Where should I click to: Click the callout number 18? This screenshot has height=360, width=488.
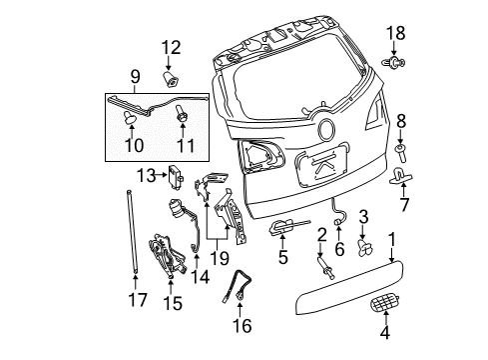(x=393, y=34)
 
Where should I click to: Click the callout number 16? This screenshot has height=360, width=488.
(x=243, y=325)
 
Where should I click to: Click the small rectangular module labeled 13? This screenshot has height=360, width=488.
(x=180, y=176)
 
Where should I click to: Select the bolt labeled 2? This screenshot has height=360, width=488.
(x=326, y=268)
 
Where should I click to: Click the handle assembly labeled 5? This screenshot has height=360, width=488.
(x=282, y=232)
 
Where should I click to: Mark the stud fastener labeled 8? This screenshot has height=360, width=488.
(x=401, y=152)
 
